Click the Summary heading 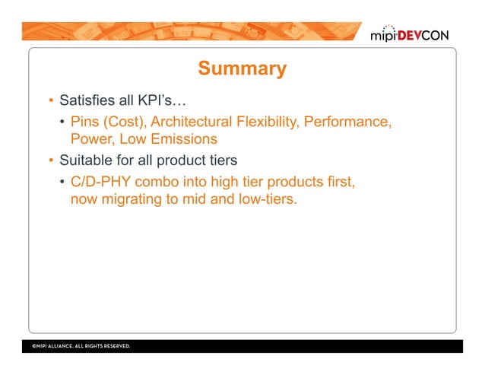(242, 69)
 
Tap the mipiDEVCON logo (415, 35)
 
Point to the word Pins (85, 122)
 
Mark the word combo (161, 183)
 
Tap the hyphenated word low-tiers (265, 201)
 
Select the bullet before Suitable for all (46, 161)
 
